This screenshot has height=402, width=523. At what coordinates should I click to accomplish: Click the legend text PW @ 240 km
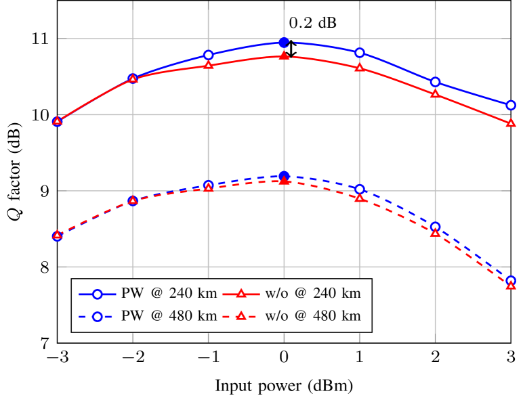(x=169, y=294)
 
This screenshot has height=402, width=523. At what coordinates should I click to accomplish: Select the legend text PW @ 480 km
(x=169, y=316)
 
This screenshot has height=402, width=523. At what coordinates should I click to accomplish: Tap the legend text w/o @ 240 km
(x=313, y=294)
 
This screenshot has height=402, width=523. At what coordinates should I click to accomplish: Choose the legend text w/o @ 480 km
(x=313, y=316)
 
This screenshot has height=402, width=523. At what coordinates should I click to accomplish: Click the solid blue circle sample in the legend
(x=97, y=294)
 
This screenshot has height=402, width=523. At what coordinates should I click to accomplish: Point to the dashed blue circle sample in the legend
(x=97, y=316)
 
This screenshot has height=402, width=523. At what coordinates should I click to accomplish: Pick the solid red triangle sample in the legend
(x=241, y=294)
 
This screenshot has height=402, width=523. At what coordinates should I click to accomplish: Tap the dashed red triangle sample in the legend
(x=241, y=316)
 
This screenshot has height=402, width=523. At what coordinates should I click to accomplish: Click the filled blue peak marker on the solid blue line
(x=284, y=42)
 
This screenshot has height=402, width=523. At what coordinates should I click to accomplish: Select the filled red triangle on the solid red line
(x=284, y=55)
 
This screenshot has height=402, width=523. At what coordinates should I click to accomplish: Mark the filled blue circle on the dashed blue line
(x=284, y=176)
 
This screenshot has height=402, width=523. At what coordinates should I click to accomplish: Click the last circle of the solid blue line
(x=511, y=105)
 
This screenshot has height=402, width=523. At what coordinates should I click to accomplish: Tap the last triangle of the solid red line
(x=511, y=123)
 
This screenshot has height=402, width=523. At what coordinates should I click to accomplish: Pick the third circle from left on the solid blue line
(x=208, y=55)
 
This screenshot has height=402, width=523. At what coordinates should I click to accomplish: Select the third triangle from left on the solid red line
(x=208, y=65)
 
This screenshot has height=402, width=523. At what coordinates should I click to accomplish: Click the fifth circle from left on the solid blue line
(x=359, y=52)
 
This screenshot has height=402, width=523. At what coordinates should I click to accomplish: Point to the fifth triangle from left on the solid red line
(x=359, y=68)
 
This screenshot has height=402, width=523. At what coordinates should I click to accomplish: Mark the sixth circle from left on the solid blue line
(x=435, y=82)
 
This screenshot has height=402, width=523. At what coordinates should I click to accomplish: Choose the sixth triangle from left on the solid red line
(x=435, y=94)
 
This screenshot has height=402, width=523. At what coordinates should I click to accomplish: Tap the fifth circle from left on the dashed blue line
(x=359, y=189)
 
